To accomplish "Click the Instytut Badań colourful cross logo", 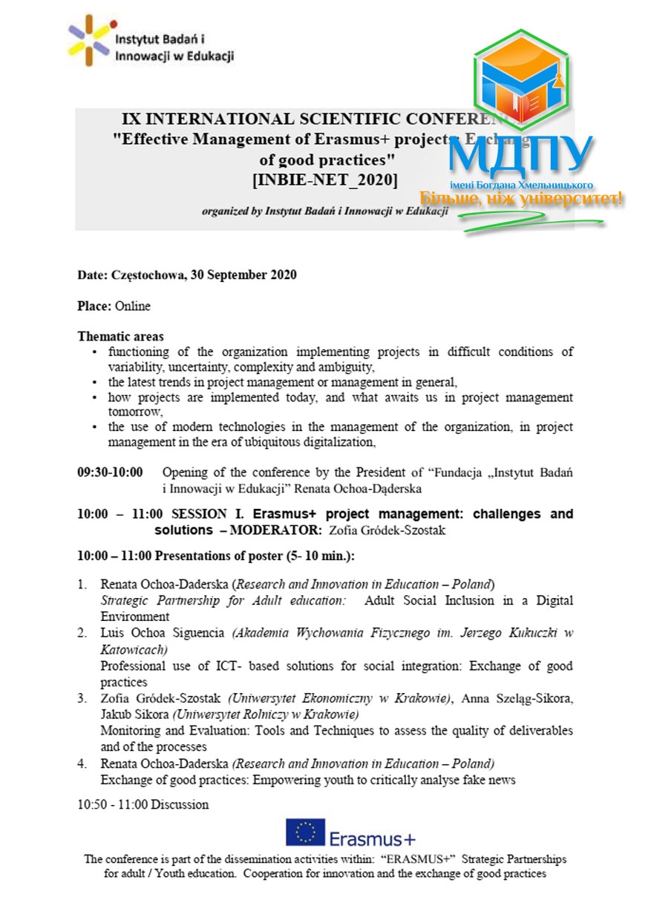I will [x=90, y=40].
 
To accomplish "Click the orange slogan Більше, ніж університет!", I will [x=521, y=199].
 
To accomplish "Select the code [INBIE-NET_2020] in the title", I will [x=324, y=179].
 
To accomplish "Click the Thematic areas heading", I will [x=120, y=337].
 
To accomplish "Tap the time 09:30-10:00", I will [x=110, y=472].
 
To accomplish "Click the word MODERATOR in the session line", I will [x=276, y=530].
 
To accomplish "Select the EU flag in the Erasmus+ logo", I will [x=305, y=832].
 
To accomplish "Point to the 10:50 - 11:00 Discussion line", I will [x=143, y=804].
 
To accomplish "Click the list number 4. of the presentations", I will [x=84, y=763].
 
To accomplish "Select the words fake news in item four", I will [x=490, y=780].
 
